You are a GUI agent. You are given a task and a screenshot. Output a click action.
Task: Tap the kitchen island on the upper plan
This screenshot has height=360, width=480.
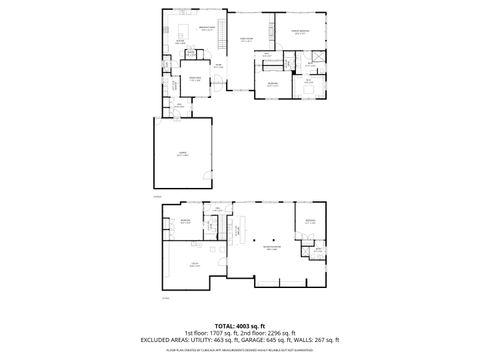coord(182,43)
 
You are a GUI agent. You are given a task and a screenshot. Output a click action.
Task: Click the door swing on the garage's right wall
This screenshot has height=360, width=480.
coord(207,178)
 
